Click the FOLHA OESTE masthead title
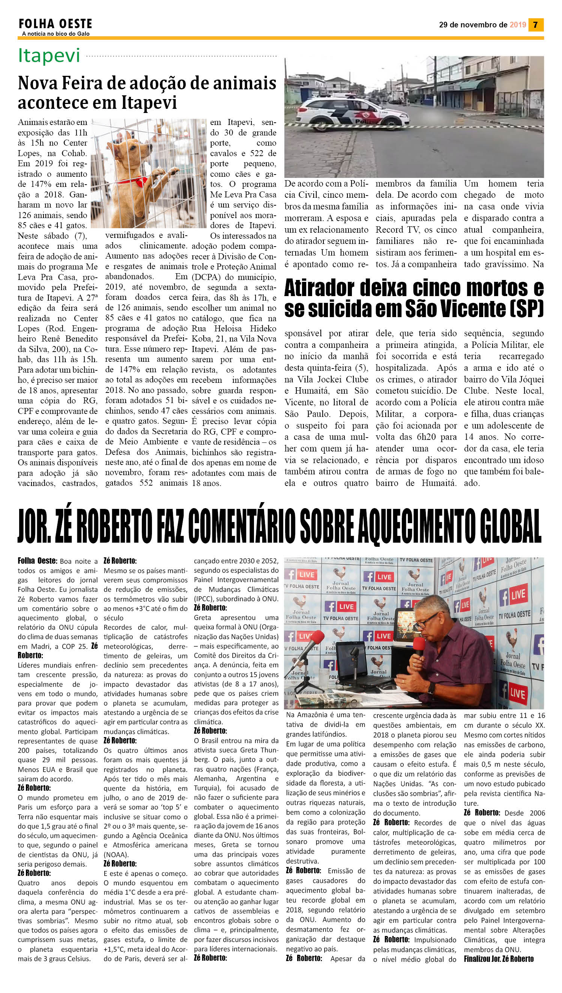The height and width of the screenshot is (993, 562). [x=55, y=24]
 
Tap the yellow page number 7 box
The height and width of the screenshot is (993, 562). [x=535, y=25]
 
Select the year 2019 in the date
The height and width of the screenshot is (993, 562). [x=518, y=25]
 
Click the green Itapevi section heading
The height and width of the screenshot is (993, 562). [x=49, y=56]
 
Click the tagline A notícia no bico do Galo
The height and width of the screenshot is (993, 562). [x=56, y=34]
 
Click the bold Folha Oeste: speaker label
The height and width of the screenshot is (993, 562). [x=38, y=561]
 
